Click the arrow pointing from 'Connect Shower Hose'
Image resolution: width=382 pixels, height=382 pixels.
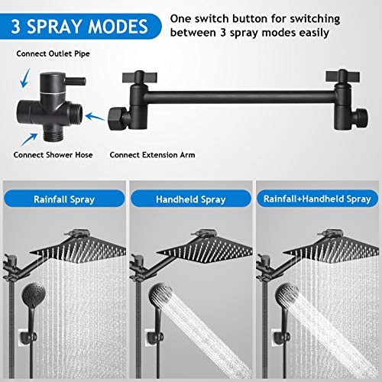(x=29, y=138)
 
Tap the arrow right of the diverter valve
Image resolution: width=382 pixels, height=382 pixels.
(x=95, y=117)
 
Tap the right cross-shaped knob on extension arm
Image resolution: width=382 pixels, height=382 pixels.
(x=336, y=78)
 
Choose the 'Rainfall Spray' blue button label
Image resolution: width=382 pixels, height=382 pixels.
(x=65, y=200)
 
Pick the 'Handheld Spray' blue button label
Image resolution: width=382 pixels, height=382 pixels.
(x=190, y=200)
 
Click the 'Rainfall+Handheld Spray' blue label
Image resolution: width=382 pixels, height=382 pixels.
(x=316, y=200)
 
